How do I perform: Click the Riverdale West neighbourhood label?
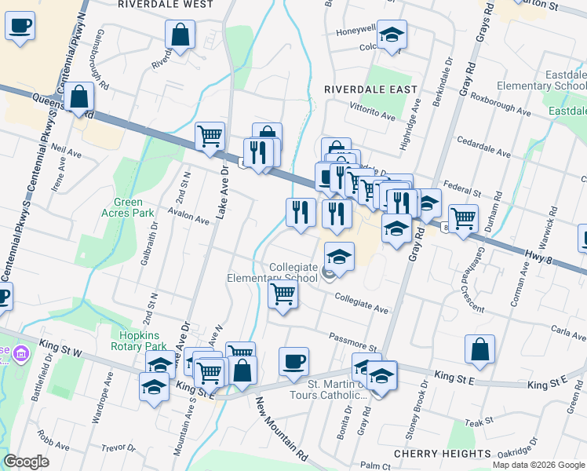(x=166, y=5)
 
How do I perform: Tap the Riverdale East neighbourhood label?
(x=370, y=90)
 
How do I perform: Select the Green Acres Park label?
(x=127, y=207)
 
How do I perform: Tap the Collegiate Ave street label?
(x=362, y=304)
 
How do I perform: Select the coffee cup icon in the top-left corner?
(x=20, y=25)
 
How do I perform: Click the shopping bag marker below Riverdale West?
(x=180, y=35)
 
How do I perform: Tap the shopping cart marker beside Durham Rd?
(x=463, y=217)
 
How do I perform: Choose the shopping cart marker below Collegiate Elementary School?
(x=283, y=295)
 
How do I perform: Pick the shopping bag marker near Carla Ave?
(x=479, y=349)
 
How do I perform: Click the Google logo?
(x=27, y=462)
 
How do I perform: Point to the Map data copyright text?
(x=538, y=465)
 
